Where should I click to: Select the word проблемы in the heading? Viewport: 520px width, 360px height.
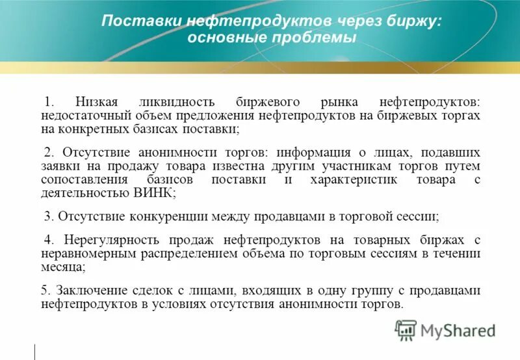[x=318, y=38]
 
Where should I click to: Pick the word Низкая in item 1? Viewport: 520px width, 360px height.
[x=97, y=102]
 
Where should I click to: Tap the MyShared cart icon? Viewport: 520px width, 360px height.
[x=406, y=329]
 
